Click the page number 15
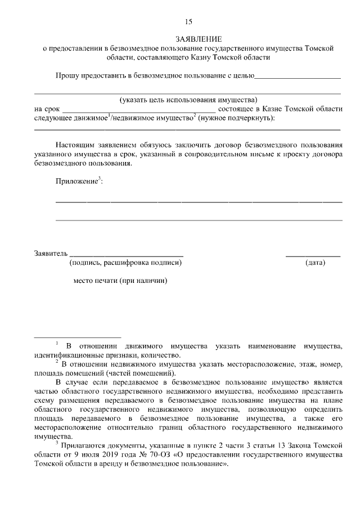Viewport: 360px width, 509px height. pyautogui.click(x=188, y=22)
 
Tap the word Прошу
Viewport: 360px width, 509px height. pyautogui.click(x=66, y=75)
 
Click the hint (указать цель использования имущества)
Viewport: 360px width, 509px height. pyautogui.click(x=188, y=100)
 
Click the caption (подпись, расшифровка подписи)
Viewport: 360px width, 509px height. pyautogui.click(x=125, y=263)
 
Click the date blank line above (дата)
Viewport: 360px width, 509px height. pyautogui.click(x=313, y=255)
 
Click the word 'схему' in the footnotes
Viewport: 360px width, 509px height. pyautogui.click(x=46, y=400)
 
